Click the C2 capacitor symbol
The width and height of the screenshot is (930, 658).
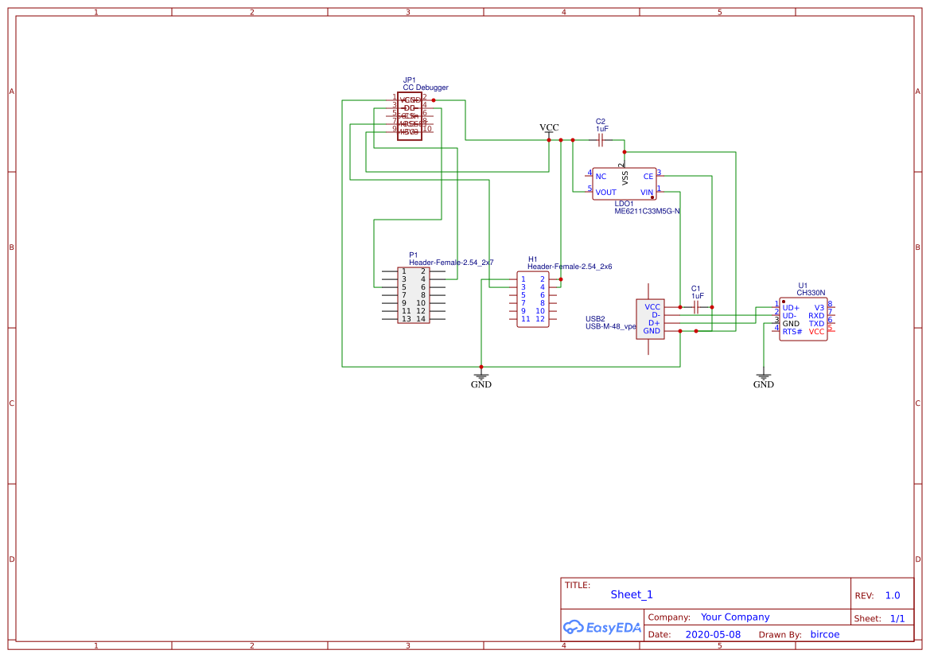[601, 140]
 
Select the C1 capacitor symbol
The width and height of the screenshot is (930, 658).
[696, 306]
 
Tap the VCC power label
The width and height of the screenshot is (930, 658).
[549, 127]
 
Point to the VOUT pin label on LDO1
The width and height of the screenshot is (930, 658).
[606, 193]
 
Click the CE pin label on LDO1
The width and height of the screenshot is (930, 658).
[648, 177]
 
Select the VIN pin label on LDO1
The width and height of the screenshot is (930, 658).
[647, 193]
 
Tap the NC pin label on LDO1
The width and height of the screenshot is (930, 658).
[601, 177]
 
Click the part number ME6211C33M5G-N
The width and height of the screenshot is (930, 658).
[647, 212]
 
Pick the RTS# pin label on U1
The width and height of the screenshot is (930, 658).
[792, 332]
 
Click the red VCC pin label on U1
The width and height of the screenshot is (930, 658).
[816, 332]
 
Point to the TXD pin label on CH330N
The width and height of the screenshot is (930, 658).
[816, 324]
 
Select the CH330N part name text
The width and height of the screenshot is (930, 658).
[811, 293]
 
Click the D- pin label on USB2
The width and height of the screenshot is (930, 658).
[656, 315]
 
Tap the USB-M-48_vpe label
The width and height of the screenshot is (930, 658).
[611, 326]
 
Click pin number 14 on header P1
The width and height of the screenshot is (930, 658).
[421, 319]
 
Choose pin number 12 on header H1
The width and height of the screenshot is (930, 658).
[540, 319]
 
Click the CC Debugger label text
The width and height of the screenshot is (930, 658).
[426, 88]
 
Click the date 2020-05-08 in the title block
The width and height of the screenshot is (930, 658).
[713, 635]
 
